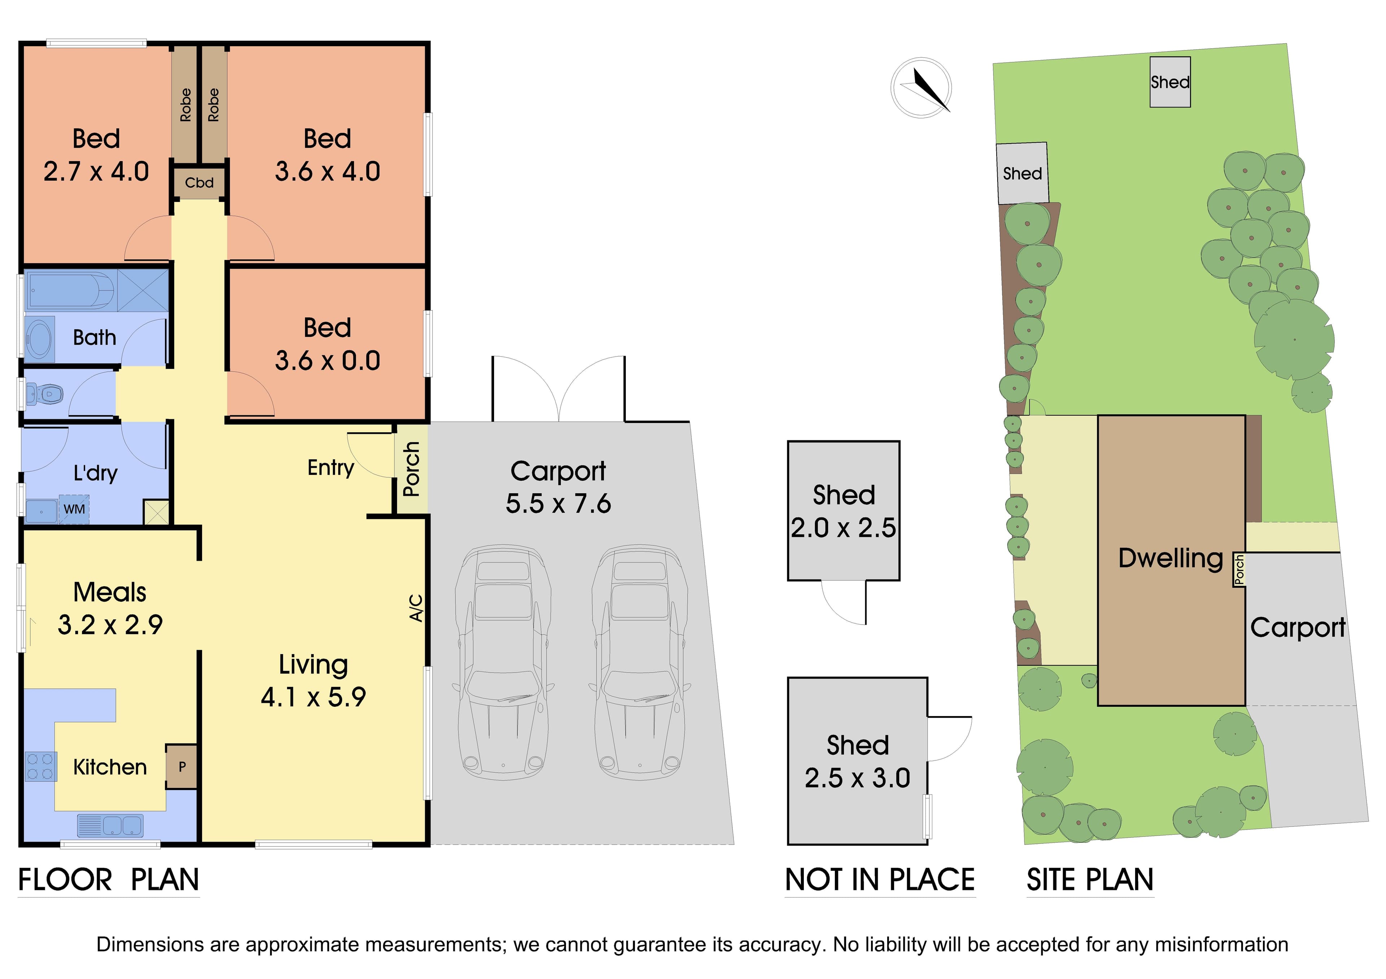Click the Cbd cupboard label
[x=199, y=183]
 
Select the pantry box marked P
[x=182, y=767]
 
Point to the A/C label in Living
[x=416, y=608]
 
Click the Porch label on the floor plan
[x=411, y=469]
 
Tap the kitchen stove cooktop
[x=40, y=767]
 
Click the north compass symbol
[x=921, y=88]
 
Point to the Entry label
[x=331, y=468]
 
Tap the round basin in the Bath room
[x=40, y=340]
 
